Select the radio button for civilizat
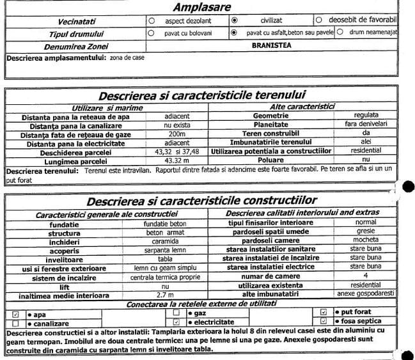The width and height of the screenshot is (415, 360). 234,20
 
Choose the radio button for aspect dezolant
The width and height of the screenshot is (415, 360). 151,20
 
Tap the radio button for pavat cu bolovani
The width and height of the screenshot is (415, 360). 151,31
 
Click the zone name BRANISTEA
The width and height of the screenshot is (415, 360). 271,45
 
